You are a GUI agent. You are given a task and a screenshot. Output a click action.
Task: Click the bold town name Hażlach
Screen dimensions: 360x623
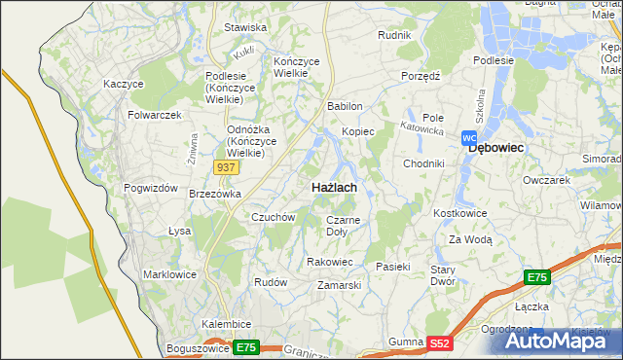click(333, 186)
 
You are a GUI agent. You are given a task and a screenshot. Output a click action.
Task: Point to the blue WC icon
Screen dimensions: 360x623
click(468, 138)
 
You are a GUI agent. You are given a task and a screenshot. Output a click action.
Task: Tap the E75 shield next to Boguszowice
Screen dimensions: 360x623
click(245, 347)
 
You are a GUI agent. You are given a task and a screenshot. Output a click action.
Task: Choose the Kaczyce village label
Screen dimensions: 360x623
click(124, 85)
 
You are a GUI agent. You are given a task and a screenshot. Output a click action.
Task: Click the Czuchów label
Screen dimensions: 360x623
click(273, 217)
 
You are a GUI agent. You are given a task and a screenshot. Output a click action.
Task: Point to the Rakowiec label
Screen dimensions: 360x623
click(329, 262)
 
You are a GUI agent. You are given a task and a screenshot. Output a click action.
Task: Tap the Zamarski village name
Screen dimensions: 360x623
click(340, 285)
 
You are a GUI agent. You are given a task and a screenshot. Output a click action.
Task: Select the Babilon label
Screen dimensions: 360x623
click(346, 106)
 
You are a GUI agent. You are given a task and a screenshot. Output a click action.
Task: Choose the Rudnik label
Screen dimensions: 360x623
click(395, 35)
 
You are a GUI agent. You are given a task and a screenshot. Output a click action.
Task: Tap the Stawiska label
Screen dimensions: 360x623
click(245, 27)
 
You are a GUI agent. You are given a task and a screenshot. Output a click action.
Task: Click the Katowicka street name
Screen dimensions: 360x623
click(423, 126)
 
